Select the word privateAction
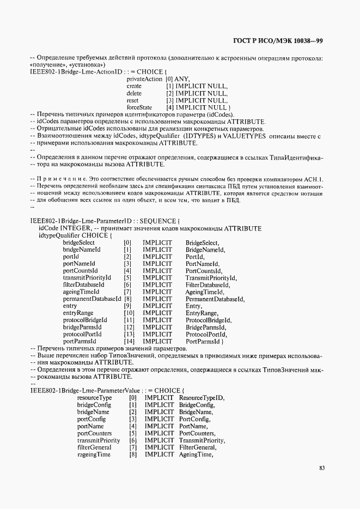144,79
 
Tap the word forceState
139,107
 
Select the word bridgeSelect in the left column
78,242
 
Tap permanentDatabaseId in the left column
92,299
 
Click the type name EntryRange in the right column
202,313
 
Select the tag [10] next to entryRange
129,313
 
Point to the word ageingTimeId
82,292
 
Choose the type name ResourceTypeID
202,398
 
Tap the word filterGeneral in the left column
94,447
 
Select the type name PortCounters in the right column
198,433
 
